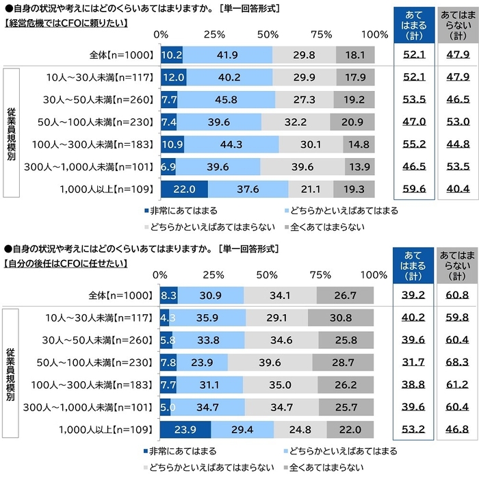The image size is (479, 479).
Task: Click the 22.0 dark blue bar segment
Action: pos(184,188)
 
